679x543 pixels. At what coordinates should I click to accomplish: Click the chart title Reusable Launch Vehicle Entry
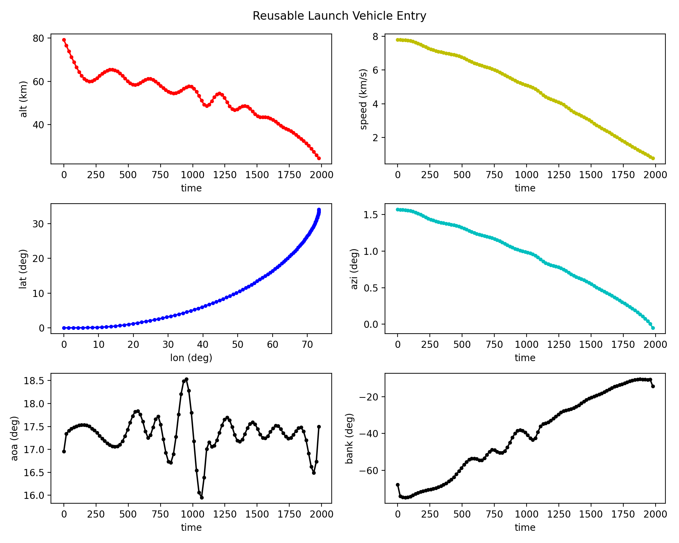(339, 16)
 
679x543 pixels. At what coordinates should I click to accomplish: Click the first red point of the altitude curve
(64, 40)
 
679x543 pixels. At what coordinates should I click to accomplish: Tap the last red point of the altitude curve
(319, 158)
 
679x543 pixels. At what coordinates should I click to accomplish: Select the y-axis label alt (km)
(23, 99)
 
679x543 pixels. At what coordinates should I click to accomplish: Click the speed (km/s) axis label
(364, 99)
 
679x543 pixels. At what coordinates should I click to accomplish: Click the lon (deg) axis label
(191, 357)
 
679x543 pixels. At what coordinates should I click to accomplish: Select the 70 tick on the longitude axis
(307, 344)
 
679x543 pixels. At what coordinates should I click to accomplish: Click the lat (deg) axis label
(23, 269)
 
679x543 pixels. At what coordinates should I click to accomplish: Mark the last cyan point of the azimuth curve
(653, 328)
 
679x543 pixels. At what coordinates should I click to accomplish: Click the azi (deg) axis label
(354, 269)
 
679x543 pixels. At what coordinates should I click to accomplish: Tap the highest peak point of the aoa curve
(186, 379)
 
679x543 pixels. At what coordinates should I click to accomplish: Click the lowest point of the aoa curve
(202, 498)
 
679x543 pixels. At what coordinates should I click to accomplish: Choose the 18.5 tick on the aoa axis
(34, 380)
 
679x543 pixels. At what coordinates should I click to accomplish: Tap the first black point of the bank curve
(398, 485)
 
